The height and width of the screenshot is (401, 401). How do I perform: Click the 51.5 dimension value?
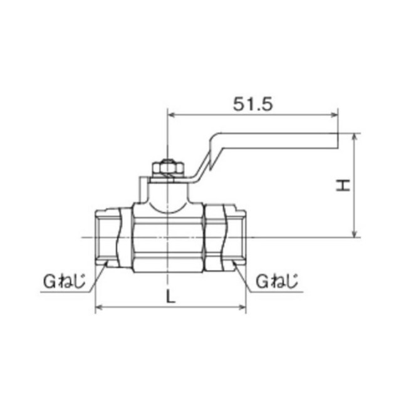pyautogui.click(x=253, y=105)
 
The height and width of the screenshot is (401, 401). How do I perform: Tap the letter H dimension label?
pyautogui.click(x=343, y=185)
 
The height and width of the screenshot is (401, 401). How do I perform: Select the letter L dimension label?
pyautogui.click(x=170, y=296)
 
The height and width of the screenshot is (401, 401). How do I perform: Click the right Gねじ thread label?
pyautogui.click(x=277, y=281)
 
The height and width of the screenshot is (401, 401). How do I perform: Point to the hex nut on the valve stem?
pyautogui.click(x=167, y=168)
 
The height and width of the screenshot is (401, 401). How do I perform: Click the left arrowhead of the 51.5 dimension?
pyautogui.click(x=170, y=115)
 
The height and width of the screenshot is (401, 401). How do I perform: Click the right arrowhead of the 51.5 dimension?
pyautogui.click(x=335, y=115)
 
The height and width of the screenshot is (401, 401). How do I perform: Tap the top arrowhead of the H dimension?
pyautogui.click(x=355, y=137)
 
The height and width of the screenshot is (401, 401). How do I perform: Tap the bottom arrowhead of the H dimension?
pyautogui.click(x=355, y=234)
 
